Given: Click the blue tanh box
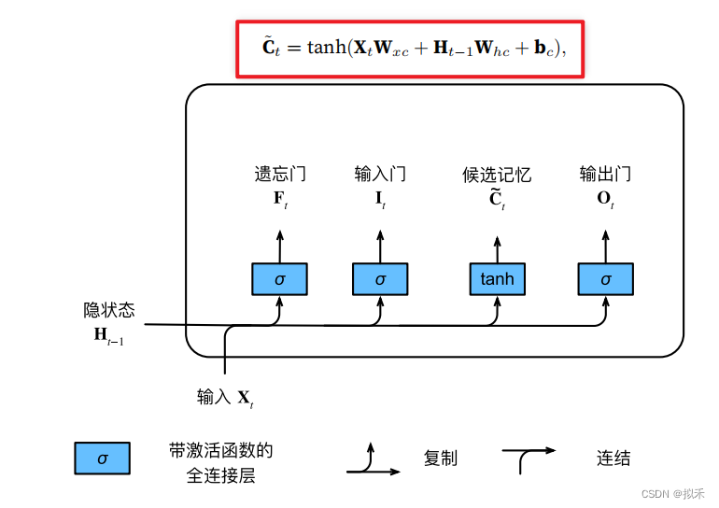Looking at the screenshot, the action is [498, 279].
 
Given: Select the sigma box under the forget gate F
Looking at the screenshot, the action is [280, 279].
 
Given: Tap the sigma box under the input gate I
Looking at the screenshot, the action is [380, 279].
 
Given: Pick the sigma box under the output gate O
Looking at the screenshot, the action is [606, 279].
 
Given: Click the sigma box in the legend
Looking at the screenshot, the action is [103, 458].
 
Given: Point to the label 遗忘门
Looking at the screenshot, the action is [280, 175].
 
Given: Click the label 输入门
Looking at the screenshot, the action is [380, 175].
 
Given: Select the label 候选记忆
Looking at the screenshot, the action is [497, 175].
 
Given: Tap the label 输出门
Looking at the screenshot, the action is [605, 175].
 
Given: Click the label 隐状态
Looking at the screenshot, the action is [109, 310].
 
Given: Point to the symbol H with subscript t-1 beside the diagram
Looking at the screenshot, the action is [109, 335].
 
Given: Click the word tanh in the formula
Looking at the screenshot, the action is [327, 47].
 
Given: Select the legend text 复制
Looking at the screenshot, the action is [440, 458].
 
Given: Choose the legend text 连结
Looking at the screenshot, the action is [613, 458].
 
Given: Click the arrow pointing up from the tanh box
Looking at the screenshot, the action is [498, 250].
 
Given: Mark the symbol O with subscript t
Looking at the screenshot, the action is [605, 199].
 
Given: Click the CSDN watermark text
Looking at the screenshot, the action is [672, 494].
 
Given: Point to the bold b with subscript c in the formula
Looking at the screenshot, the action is [544, 49].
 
